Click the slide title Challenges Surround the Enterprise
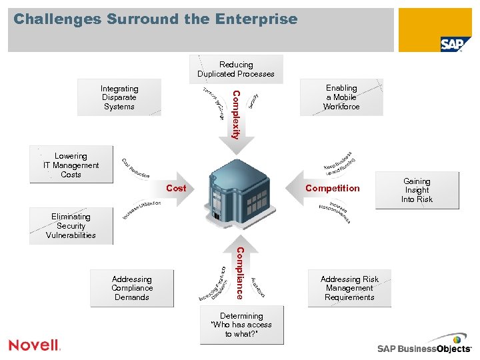[155, 19]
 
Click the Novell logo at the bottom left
[35, 345]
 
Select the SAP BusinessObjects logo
[424, 348]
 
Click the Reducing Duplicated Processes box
[236, 69]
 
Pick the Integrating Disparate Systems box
[119, 97]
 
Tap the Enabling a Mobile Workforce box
[341, 97]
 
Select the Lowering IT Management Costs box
[71, 165]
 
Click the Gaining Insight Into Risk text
[417, 190]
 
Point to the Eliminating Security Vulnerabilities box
[71, 226]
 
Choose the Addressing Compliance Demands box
[132, 288]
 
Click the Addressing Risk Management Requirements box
[349, 288]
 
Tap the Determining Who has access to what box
[241, 325]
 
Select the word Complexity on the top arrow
[236, 114]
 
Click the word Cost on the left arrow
[176, 189]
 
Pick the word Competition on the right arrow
[332, 189]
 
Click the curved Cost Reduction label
[135, 169]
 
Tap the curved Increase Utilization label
[141, 209]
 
